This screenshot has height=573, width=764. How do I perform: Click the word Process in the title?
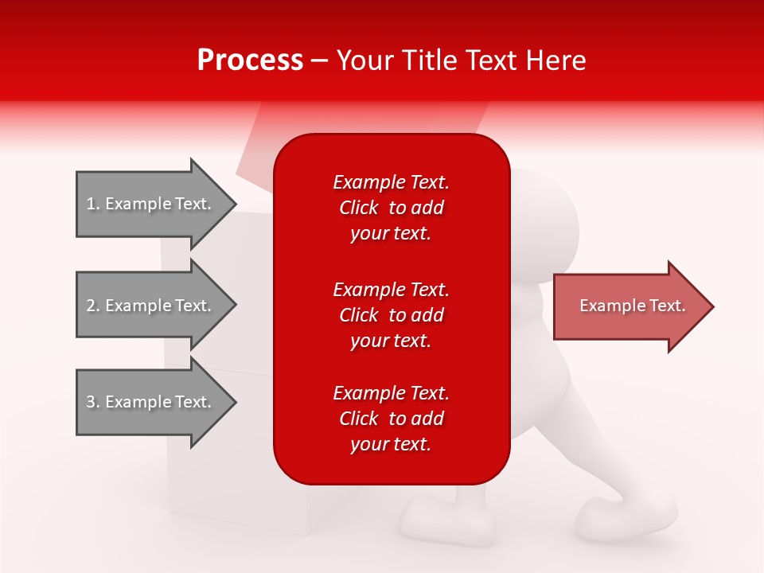click(x=250, y=60)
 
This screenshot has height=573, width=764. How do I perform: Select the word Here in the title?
click(x=555, y=60)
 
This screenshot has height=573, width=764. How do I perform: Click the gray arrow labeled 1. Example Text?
click(x=157, y=204)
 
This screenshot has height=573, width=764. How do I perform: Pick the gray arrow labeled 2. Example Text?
click(x=157, y=305)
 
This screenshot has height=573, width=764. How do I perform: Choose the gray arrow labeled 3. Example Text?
click(x=157, y=402)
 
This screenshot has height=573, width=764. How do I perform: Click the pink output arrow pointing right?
click(x=633, y=306)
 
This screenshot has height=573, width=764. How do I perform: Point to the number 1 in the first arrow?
click(x=91, y=204)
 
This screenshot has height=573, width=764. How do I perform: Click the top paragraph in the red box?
click(x=392, y=208)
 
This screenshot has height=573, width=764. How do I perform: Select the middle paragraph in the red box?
click(x=392, y=315)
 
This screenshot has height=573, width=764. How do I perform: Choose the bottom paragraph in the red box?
click(x=392, y=419)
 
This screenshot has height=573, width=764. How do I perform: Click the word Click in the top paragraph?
click(x=359, y=208)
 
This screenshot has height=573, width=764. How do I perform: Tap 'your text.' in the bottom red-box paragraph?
click(x=391, y=444)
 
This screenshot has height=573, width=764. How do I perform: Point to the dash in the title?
click(x=319, y=62)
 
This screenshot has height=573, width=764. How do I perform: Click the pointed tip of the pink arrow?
click(x=713, y=306)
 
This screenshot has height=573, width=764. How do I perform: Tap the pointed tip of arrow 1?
click(x=236, y=204)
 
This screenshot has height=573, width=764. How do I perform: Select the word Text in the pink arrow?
click(x=668, y=306)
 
